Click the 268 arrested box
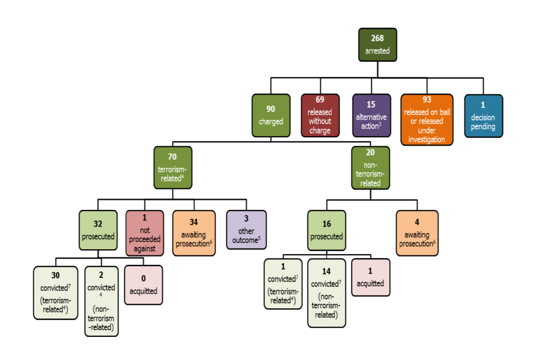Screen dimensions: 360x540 point(377,44)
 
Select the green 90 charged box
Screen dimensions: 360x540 point(271,115)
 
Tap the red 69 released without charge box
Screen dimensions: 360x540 point(320,115)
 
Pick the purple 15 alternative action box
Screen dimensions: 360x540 point(371,115)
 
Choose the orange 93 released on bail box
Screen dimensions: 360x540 point(426,119)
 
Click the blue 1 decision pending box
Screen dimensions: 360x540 point(483,115)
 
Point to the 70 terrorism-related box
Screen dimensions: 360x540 point(173,167)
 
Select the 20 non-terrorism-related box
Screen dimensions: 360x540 point(370,167)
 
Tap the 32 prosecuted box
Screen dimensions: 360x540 point(98,230)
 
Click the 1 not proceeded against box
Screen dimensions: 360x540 point(145,233)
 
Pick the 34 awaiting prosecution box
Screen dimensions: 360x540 point(193,233)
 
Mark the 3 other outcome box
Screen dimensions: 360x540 point(246,230)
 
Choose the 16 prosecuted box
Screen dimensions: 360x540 point(327,230)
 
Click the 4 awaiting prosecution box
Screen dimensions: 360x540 point(417,233)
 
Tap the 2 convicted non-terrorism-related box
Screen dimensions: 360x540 point(101,301)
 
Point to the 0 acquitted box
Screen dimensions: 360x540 point(143,286)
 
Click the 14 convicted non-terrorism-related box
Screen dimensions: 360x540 point(326,292)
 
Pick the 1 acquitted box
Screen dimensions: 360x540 point(370,277)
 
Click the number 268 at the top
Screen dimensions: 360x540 point(377,38)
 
